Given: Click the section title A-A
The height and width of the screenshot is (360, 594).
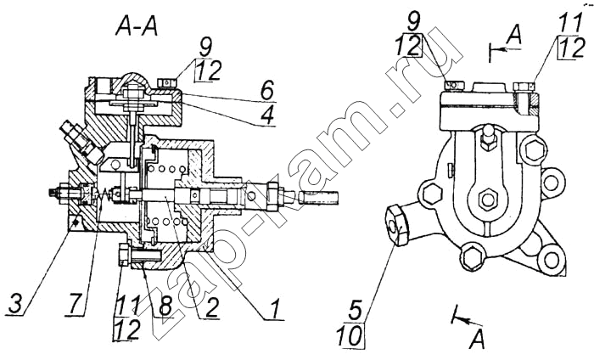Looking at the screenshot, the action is tap(137, 28).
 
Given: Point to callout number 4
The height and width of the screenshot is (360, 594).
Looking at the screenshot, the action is tap(266, 115).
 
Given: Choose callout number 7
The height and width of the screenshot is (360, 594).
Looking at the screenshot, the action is tap(76, 303).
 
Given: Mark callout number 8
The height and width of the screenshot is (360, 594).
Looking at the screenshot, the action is tap(165, 307).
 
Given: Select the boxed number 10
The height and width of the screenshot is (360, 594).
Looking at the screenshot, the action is tap(350, 335).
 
